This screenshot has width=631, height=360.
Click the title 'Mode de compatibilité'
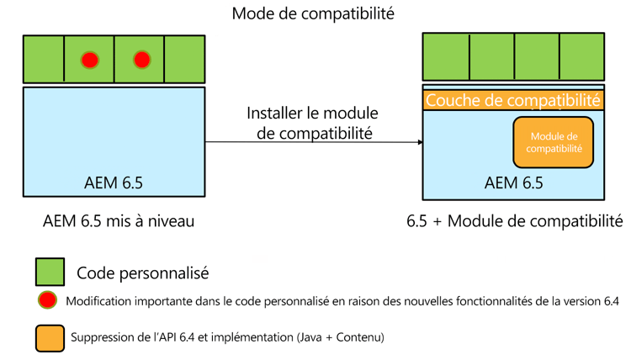[x=313, y=13]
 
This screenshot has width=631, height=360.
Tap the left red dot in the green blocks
[x=89, y=60]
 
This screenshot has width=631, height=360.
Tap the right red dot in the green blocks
[x=141, y=60]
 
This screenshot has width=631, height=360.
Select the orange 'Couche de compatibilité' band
[x=513, y=100]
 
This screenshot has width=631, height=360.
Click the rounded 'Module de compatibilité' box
[x=553, y=141]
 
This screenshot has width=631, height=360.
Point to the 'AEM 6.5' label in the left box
[x=114, y=183]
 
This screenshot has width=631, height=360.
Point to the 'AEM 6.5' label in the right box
[x=513, y=183]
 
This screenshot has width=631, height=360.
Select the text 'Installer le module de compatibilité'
[x=312, y=123]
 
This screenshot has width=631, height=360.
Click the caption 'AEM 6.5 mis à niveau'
[x=113, y=222]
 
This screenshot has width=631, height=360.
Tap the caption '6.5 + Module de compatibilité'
[x=514, y=222]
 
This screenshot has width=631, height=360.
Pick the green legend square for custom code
[x=50, y=272]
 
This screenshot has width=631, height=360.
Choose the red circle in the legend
[x=47, y=301]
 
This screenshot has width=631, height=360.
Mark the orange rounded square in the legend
[x=50, y=337]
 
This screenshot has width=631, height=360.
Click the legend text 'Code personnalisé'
[x=142, y=273]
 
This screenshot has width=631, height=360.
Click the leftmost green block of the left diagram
[x=44, y=59]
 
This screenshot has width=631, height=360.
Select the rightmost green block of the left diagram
[x=184, y=59]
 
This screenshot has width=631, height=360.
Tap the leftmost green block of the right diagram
[x=446, y=56]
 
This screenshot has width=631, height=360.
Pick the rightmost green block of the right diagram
[x=581, y=56]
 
